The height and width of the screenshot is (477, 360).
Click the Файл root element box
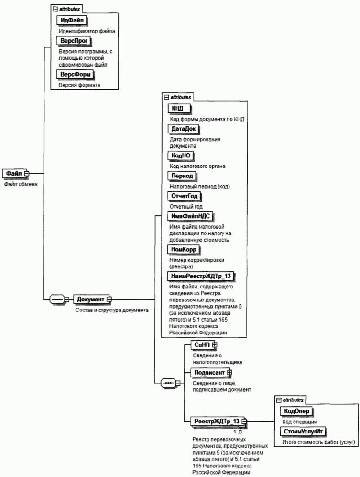pyautogui.click(x=14, y=173)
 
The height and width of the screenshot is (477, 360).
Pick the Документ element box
pyautogui.click(x=91, y=299)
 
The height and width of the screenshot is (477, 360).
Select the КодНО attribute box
pyautogui.click(x=181, y=155)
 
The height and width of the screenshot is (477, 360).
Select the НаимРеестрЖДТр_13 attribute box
pyautogui.click(x=201, y=276)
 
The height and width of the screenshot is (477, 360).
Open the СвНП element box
pyautogui.click(x=201, y=344)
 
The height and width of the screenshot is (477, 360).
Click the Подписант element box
pyautogui.click(x=209, y=372)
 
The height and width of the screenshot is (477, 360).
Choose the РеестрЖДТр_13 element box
pyautogui.click(x=216, y=421)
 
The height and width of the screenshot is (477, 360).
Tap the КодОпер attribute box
pyautogui.click(x=297, y=411)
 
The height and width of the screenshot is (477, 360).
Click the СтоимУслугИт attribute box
pyautogui.click(x=302, y=432)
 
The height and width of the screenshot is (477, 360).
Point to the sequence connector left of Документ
pyautogui.click(x=57, y=299)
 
